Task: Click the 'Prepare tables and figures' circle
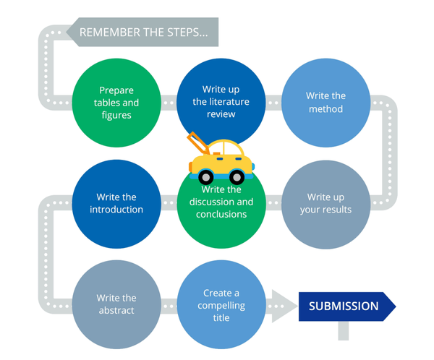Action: coord(116,103)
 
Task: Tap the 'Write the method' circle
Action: coord(325,103)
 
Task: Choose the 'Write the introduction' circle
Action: coord(116,203)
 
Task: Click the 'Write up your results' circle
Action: coord(325,203)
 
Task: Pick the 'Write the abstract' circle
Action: coord(116,304)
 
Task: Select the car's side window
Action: coord(233,150)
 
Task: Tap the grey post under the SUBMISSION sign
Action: coord(343,330)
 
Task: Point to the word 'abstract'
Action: coord(116,310)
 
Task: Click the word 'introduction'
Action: coord(116,210)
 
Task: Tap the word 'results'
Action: coord(337,210)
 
